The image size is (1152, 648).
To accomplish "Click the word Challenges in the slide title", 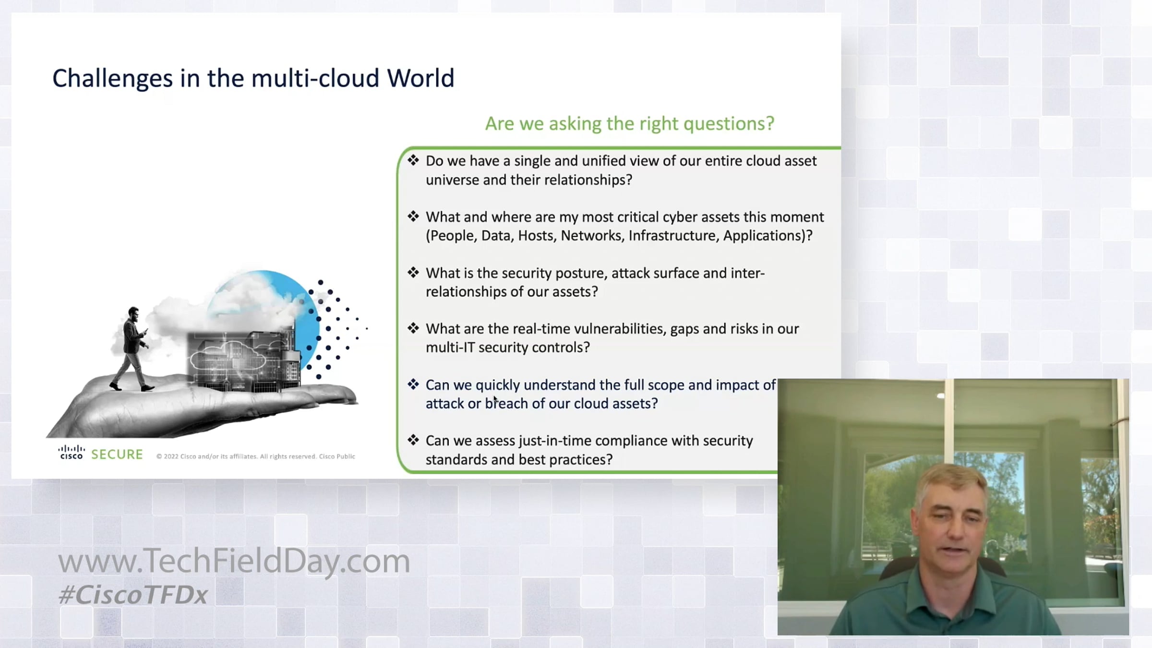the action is tap(112, 79).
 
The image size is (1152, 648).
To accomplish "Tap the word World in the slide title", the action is tap(420, 78).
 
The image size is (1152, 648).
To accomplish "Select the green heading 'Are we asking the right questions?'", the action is tap(630, 124).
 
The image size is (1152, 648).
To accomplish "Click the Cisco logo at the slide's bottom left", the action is tap(72, 452).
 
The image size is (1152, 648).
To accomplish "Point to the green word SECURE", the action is tap(117, 455).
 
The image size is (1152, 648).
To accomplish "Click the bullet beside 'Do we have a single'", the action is tap(413, 160).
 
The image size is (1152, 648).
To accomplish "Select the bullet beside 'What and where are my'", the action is tap(413, 216).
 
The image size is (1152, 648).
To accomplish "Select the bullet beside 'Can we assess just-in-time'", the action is tap(413, 440).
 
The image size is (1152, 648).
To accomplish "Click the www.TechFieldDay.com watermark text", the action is tap(234, 561).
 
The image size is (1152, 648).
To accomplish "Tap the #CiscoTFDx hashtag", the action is tap(133, 595).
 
